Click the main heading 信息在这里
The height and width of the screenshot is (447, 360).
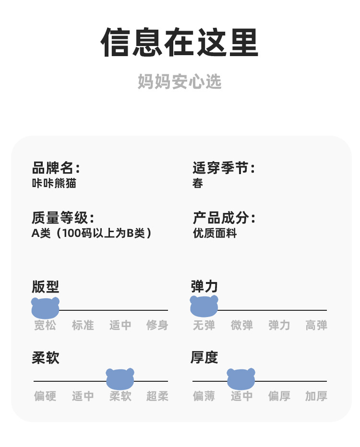pyautogui.click(x=180, y=43)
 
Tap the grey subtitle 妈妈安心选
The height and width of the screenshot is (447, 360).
pyautogui.click(x=180, y=82)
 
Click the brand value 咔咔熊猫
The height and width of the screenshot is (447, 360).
pyautogui.click(x=54, y=183)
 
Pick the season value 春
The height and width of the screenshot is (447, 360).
pyautogui.click(x=198, y=183)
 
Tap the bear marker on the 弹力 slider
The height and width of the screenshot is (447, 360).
pyautogui.click(x=204, y=306)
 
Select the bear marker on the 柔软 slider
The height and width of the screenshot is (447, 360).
pyautogui.click(x=120, y=379)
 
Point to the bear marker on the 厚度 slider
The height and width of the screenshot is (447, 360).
pyautogui.click(x=241, y=379)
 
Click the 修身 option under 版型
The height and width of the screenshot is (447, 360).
pyautogui.click(x=157, y=326)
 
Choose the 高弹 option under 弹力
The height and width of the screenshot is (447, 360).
pyautogui.click(x=316, y=326)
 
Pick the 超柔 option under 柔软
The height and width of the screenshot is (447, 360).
pyautogui.click(x=157, y=397)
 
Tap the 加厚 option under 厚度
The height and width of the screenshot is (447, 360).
pyautogui.click(x=316, y=397)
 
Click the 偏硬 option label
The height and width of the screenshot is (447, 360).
pyautogui.click(x=45, y=397)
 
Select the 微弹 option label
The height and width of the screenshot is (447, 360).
pyautogui.click(x=241, y=326)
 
